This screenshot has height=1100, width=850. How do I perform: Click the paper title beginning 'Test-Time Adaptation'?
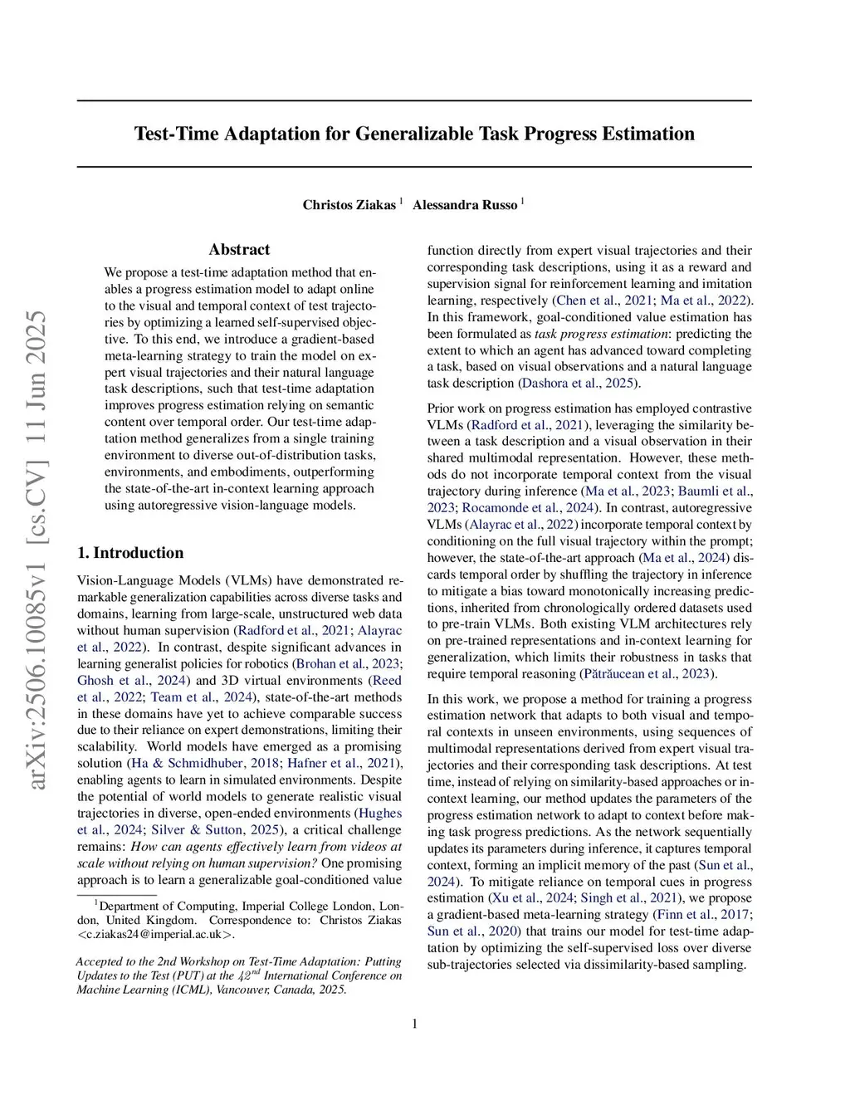pos(414,134)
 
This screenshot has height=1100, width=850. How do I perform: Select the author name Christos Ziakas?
pos(349,205)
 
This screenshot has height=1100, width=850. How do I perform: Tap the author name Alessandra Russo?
pos(465,205)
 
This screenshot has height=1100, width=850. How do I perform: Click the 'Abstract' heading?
pos(239,249)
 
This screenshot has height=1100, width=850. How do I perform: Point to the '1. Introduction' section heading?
pos(130,553)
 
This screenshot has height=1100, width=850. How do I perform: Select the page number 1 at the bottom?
pos(414,1024)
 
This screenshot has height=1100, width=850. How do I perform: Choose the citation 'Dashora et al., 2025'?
pos(579,383)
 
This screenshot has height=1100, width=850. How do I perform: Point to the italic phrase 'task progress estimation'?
pos(600,333)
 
